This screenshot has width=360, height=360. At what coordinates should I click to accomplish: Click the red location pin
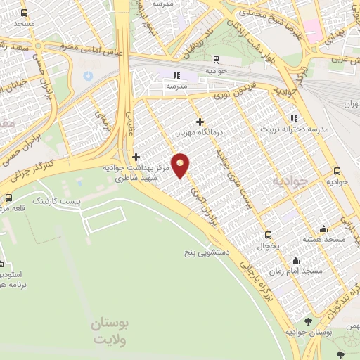(x=181, y=165)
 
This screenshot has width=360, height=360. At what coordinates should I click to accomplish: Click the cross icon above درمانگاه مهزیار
(x=200, y=122)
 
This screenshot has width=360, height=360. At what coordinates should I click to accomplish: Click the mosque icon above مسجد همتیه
(x=323, y=228)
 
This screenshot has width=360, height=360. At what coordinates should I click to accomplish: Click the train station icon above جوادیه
(x=214, y=60)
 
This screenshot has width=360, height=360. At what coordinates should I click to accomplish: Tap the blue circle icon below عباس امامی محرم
(x=88, y=75)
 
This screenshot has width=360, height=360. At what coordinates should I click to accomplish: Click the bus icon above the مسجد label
(x=25, y=13)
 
